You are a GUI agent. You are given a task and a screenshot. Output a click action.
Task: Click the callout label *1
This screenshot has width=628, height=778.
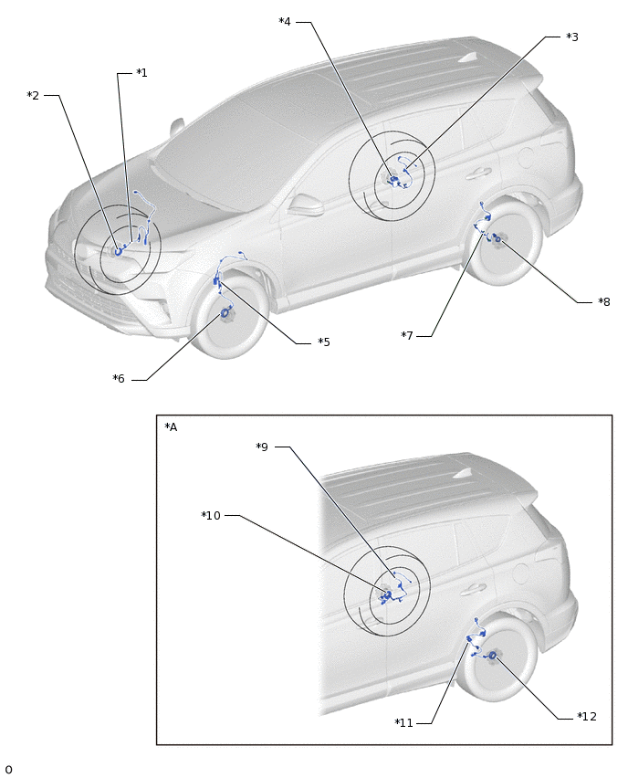[x=141, y=73]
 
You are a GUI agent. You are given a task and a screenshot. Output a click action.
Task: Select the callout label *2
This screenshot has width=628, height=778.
[x=33, y=95]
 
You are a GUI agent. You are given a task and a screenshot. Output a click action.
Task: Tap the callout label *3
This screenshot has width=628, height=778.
[x=572, y=37]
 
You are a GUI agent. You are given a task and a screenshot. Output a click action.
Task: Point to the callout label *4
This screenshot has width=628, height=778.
[x=285, y=21]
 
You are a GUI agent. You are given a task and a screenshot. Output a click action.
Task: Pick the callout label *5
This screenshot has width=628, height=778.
[x=324, y=342]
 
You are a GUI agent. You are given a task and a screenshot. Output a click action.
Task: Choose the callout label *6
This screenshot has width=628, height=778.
[x=119, y=379]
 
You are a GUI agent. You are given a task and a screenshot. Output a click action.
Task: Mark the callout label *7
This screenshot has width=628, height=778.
[x=407, y=335]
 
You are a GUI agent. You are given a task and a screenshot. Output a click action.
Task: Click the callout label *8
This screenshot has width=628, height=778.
[x=603, y=301]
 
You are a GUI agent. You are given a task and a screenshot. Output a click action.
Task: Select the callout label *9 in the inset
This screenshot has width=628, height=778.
[x=262, y=447]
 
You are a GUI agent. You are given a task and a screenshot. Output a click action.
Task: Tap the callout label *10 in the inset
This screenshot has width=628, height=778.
[x=211, y=515]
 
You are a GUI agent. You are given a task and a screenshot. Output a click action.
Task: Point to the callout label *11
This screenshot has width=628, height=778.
[x=403, y=723]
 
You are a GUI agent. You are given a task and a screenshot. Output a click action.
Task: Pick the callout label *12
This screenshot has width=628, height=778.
[x=587, y=717]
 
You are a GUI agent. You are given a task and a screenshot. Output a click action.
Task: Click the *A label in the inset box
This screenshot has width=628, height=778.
[x=171, y=426]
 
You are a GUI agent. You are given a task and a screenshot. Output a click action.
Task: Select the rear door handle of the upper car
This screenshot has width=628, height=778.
[x=478, y=173]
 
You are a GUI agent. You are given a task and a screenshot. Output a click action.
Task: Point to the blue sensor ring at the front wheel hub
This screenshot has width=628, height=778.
[x=225, y=312]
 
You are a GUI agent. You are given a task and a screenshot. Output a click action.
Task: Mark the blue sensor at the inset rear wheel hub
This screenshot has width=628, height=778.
[x=493, y=656]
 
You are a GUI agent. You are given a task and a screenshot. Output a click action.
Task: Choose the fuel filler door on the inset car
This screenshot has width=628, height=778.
[x=520, y=573]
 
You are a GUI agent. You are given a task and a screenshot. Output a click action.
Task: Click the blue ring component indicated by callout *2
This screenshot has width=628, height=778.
[x=118, y=251]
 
